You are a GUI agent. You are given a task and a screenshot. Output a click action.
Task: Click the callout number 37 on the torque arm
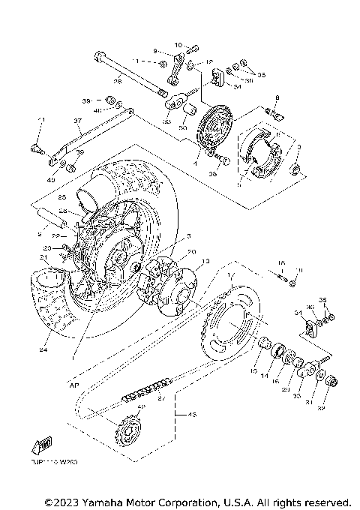tap(76, 120)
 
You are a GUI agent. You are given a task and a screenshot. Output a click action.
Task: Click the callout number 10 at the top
tap(178, 45)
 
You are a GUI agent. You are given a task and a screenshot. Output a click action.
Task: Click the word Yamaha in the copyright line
tap(93, 502)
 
